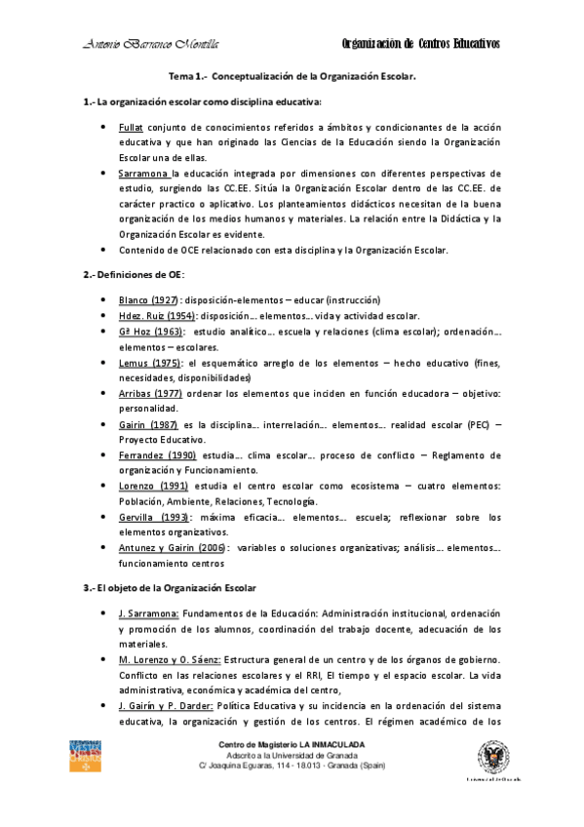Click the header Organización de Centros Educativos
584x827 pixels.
pyautogui.click(x=421, y=43)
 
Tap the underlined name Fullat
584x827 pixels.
pyautogui.click(x=131, y=128)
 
